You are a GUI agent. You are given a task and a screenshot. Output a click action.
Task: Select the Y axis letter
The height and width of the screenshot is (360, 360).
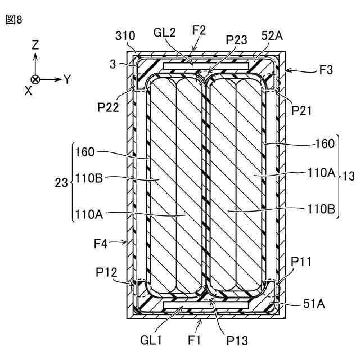pyautogui.click(x=67, y=79)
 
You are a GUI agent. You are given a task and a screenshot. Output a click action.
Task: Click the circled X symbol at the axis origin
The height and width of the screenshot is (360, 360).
pyautogui.click(x=35, y=79)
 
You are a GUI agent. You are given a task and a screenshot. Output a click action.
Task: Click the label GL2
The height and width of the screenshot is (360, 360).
pyautogui.click(x=165, y=33)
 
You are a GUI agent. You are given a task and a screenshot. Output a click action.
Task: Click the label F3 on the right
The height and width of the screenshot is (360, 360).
pyautogui.click(x=326, y=71)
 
